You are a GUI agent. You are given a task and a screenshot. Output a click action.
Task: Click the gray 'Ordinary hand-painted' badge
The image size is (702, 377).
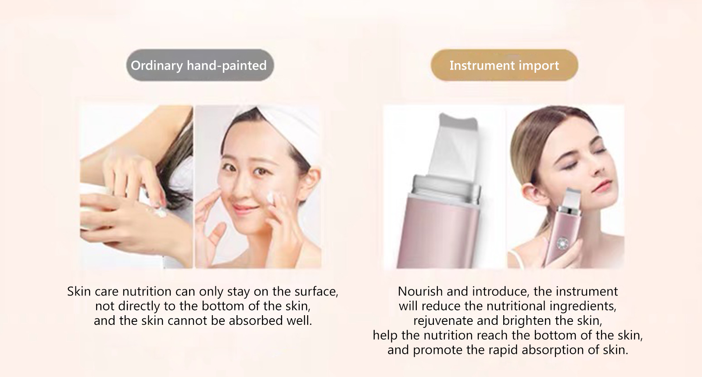(x=200, y=65)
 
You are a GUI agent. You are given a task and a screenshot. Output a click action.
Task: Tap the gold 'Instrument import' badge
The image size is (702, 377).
(x=504, y=65)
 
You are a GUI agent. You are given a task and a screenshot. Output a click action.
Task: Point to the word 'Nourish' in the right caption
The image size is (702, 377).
(x=420, y=292)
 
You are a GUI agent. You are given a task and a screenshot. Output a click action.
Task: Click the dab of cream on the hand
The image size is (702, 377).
(x=161, y=213)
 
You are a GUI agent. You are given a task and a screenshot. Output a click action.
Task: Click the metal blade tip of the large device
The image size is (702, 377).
(x=459, y=122)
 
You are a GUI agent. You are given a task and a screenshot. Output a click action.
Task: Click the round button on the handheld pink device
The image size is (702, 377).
(x=561, y=243)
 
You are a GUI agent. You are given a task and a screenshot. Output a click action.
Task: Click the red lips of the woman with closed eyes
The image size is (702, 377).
(x=604, y=186)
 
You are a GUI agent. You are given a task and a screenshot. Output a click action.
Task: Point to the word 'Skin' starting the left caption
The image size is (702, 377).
(x=79, y=292)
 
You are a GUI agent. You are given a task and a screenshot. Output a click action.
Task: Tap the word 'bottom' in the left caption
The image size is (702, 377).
(x=224, y=306)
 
